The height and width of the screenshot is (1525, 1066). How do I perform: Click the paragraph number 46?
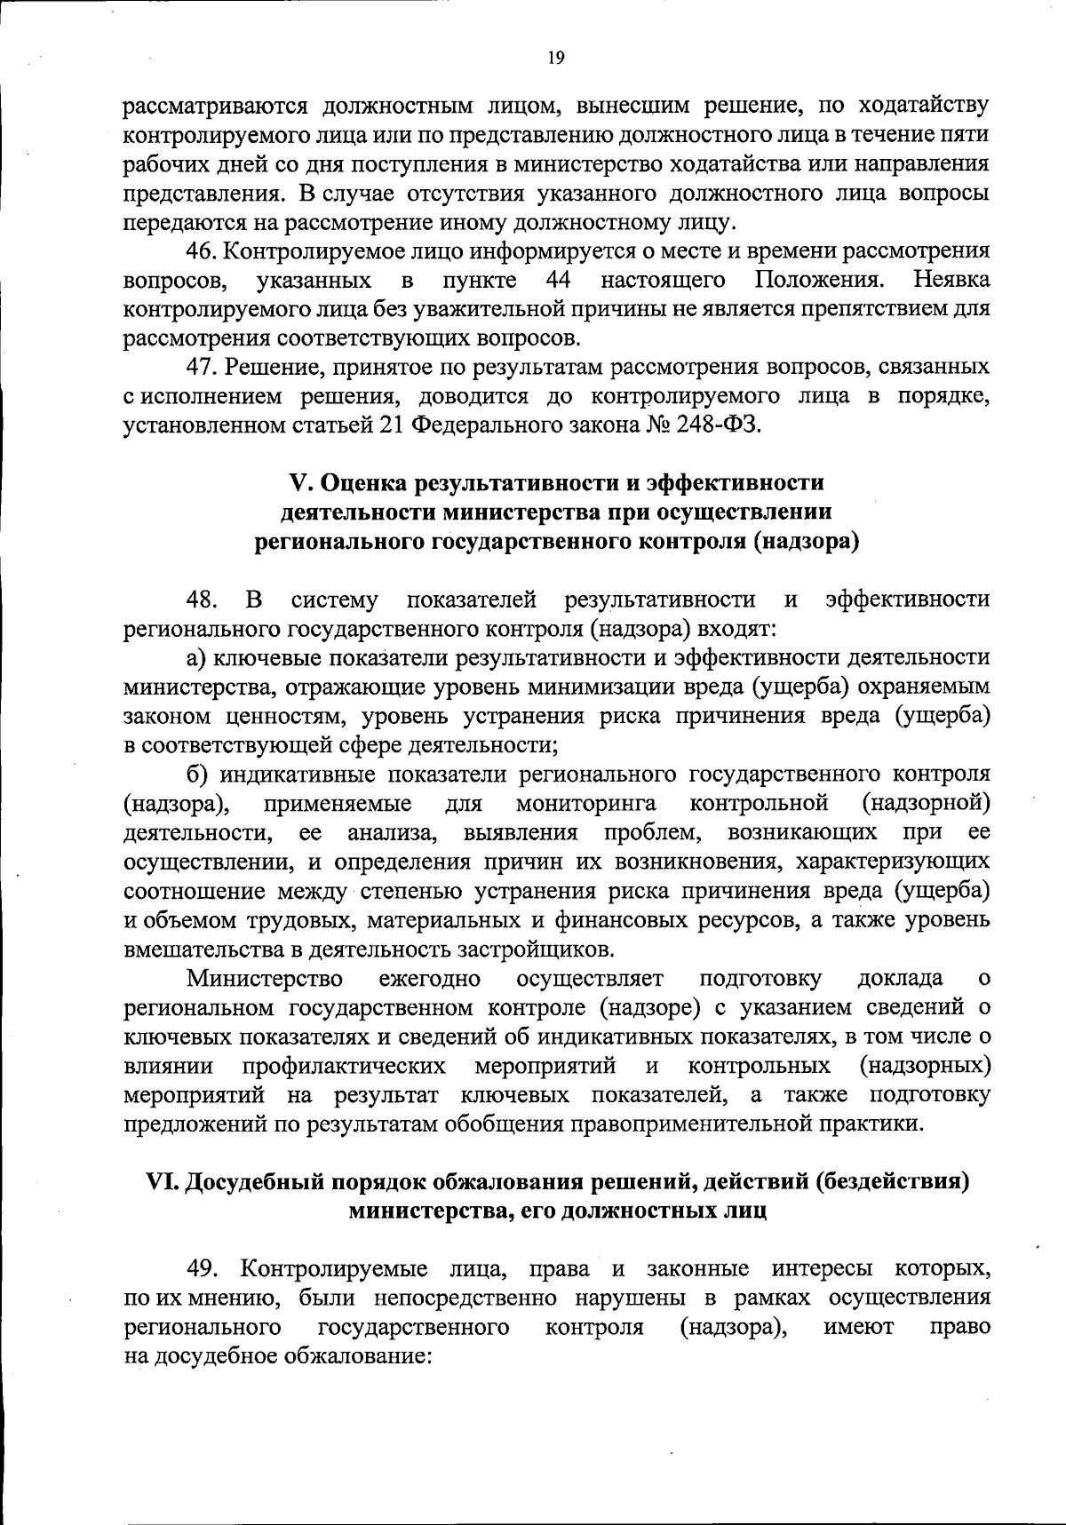coord(201,251)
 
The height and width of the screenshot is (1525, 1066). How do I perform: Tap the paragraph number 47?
coord(201,367)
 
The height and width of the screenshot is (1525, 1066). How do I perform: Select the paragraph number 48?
coord(201,600)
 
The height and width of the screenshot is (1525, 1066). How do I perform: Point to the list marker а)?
coord(196,657)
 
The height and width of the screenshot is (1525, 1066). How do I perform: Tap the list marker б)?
coord(196,774)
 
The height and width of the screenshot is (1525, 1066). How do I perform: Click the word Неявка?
coord(951,281)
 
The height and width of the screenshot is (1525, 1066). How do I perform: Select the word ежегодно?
coord(430,979)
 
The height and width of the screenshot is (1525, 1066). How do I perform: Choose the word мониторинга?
coord(585,804)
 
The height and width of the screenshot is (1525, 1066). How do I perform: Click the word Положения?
coord(819,281)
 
